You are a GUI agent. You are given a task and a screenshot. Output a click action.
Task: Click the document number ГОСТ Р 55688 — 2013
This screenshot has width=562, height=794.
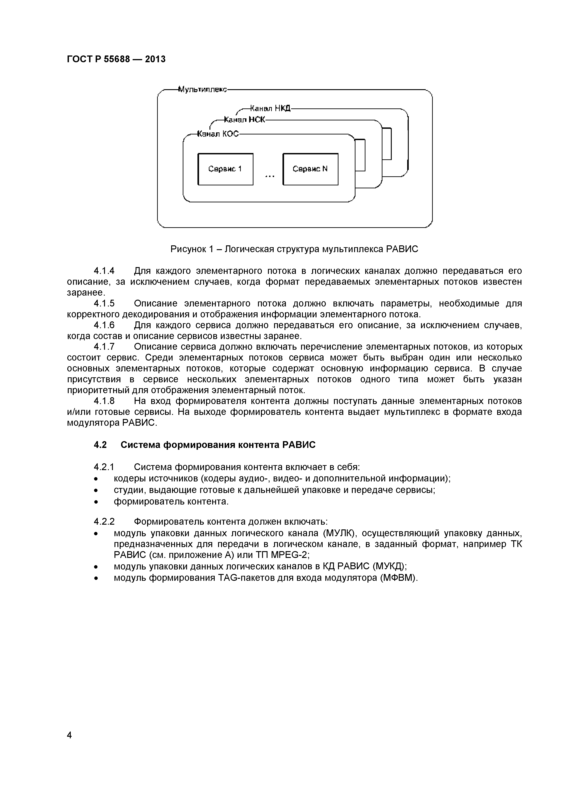pyautogui.click(x=116, y=60)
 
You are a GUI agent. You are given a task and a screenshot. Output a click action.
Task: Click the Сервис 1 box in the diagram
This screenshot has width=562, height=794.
pyautogui.click(x=225, y=169)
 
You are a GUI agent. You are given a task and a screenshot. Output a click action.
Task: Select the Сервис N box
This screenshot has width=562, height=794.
pyautogui.click(x=310, y=169)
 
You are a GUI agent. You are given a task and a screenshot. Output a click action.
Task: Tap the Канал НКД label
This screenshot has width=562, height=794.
pyautogui.click(x=270, y=109)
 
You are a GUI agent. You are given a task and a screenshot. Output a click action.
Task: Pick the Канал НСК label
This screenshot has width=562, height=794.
pyautogui.click(x=244, y=120)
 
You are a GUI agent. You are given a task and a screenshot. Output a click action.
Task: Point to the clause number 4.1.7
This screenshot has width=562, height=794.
pyautogui.click(x=104, y=347)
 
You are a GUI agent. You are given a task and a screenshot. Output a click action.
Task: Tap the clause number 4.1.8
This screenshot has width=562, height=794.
pyautogui.click(x=104, y=401)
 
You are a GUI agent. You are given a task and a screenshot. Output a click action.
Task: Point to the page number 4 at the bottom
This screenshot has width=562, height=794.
pyautogui.click(x=69, y=735)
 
